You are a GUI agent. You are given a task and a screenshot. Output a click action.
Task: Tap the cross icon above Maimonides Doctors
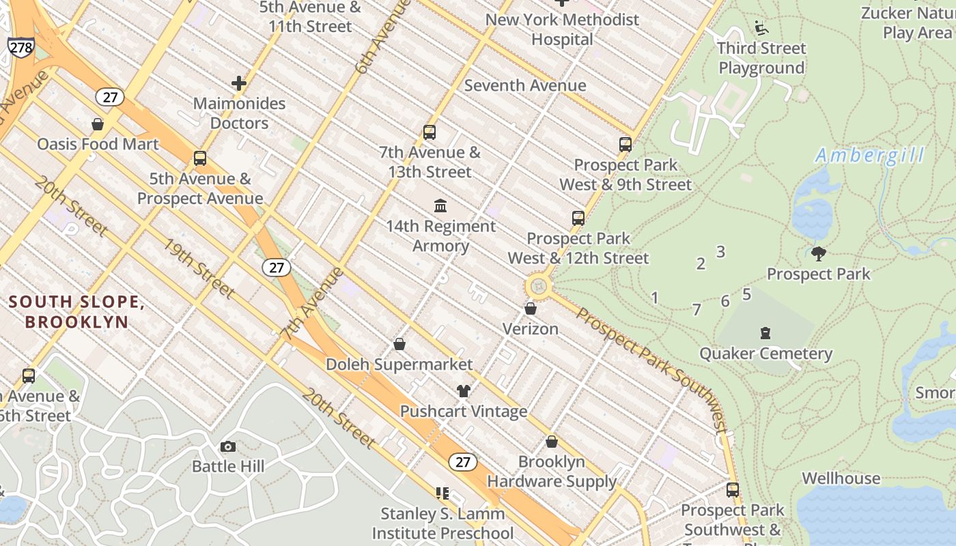click(x=239, y=83)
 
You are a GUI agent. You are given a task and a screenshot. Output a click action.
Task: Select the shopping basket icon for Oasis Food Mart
click(x=98, y=124)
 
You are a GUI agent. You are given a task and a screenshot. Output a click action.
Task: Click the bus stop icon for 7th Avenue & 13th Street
click(x=430, y=132)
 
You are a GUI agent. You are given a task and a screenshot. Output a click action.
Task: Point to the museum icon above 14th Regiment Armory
click(x=440, y=205)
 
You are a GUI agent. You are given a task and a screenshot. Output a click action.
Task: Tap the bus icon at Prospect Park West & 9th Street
click(x=625, y=145)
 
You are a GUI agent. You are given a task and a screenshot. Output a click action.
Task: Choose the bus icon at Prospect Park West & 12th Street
click(x=578, y=218)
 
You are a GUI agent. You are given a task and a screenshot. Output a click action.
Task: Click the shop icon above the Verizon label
click(x=531, y=309)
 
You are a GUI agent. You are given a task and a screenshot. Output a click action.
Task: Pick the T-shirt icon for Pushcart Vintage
click(x=464, y=391)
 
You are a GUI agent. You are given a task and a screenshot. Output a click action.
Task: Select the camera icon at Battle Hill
click(x=228, y=447)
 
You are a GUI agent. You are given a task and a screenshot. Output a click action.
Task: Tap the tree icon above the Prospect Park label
click(x=819, y=254)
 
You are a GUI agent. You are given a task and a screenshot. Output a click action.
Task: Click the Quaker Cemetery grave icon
click(x=765, y=333)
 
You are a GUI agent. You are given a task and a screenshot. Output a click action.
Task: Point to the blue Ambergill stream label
click(x=870, y=156)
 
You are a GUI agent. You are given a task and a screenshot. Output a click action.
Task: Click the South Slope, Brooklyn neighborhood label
click(x=76, y=312)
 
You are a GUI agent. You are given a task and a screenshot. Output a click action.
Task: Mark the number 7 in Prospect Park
click(x=697, y=310)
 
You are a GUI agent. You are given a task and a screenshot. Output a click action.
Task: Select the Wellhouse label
click(x=841, y=478)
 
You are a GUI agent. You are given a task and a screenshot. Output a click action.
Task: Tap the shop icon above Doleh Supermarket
click(x=399, y=345)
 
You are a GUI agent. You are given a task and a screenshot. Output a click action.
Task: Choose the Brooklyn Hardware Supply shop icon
click(x=552, y=442)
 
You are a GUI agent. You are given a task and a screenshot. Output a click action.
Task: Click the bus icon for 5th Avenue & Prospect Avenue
click(x=200, y=159)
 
